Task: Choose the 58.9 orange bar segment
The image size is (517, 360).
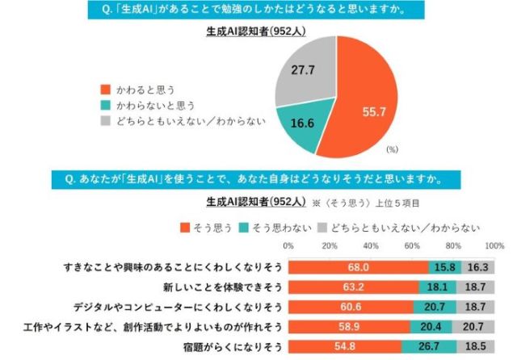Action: pyautogui.click(x=349, y=328)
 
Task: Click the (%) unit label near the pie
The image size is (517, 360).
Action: pyautogui.click(x=393, y=149)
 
